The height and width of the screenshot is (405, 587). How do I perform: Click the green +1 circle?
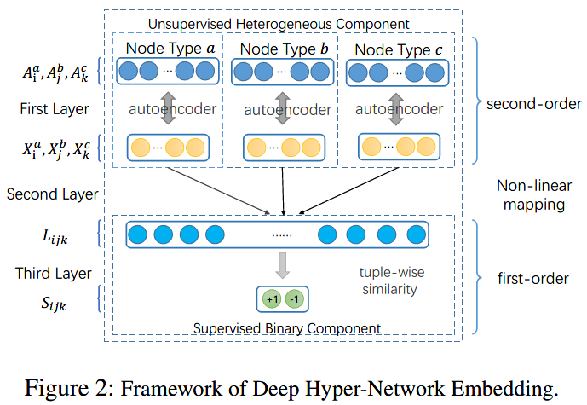pyautogui.click(x=272, y=299)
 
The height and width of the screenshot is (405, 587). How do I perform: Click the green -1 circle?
pyautogui.click(x=293, y=299)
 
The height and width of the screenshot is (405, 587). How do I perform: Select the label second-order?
pyautogui.click(x=522, y=105)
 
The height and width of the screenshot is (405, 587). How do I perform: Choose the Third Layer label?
pyautogui.click(x=49, y=274)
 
